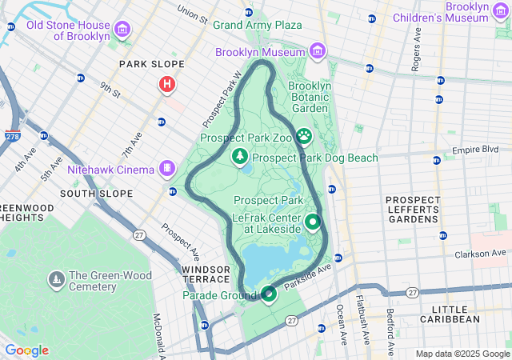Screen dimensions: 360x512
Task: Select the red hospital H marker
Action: point(166,84)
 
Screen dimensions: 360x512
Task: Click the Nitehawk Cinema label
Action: point(110,169)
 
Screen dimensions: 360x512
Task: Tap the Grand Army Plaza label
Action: point(257,26)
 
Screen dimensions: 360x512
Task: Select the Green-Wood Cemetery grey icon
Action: point(56,279)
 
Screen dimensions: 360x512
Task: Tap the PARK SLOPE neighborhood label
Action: point(151,64)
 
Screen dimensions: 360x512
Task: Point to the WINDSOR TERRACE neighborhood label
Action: point(206,274)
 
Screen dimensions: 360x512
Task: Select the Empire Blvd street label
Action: point(475,150)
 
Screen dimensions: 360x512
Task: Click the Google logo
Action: point(26,350)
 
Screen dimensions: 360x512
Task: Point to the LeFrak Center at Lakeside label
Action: point(267,222)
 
